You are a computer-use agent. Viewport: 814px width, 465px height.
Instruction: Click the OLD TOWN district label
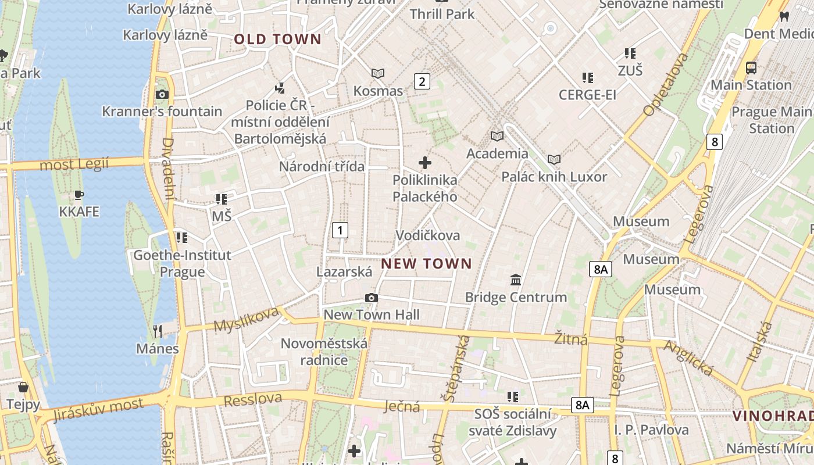277,40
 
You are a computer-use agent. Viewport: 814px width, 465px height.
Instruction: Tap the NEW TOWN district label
426,264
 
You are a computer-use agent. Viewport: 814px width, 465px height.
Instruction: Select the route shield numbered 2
422,81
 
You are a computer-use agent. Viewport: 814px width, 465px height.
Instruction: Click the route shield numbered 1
340,230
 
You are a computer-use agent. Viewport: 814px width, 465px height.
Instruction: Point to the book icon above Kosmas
378,74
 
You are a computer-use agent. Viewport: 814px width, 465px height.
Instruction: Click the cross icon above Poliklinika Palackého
425,163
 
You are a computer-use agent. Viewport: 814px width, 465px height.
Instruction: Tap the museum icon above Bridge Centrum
516,280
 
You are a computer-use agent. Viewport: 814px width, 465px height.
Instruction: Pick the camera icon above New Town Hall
371,298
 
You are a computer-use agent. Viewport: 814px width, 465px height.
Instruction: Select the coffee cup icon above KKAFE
79,195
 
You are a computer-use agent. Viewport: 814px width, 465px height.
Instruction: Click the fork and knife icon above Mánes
158,331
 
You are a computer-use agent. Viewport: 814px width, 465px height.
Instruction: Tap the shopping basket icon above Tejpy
23,387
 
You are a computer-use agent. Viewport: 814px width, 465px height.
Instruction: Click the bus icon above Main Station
751,68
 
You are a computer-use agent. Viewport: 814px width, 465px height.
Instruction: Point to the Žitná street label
570,339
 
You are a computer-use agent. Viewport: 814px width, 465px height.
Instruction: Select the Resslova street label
253,400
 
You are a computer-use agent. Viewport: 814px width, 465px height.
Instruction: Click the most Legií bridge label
74,164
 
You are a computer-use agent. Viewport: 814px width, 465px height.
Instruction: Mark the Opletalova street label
666,85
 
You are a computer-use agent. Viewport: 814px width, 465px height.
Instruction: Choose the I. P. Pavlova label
651,430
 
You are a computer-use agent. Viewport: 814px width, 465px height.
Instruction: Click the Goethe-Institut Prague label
182,263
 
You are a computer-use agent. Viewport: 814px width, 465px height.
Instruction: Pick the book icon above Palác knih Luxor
554,159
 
